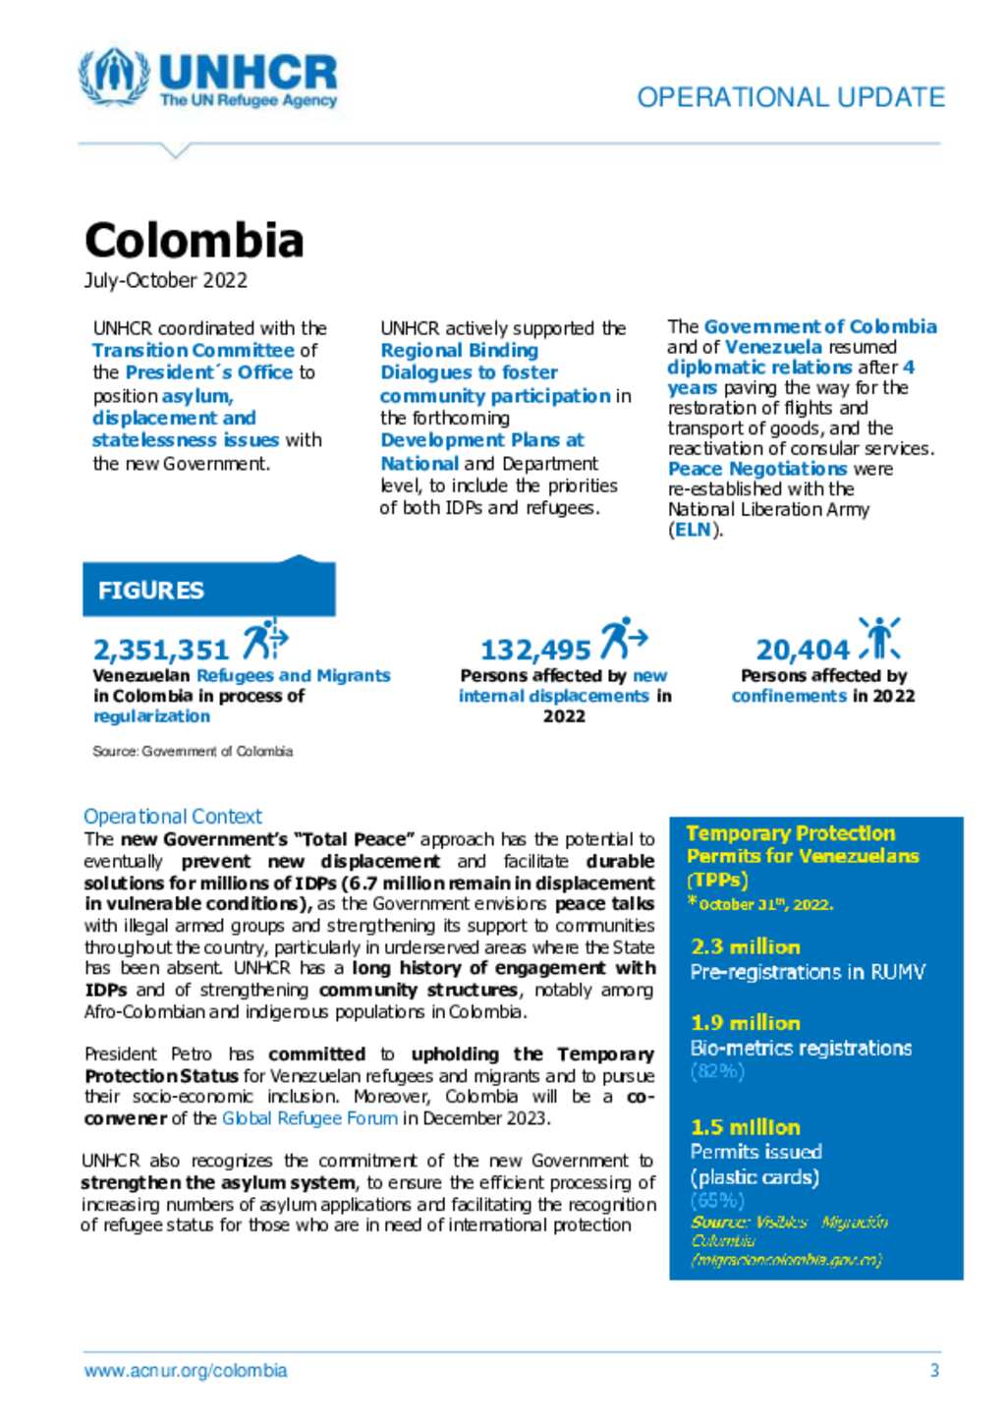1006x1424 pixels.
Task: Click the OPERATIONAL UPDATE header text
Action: (x=791, y=97)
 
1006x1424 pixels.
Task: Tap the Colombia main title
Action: (x=194, y=240)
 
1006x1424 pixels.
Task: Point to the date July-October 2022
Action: (x=165, y=280)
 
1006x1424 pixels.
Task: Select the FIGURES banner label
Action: (x=151, y=590)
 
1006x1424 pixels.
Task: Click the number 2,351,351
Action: (x=161, y=650)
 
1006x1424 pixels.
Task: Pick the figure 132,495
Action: (x=535, y=650)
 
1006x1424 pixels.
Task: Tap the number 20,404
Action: (x=803, y=650)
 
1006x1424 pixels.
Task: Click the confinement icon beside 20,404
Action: (x=879, y=638)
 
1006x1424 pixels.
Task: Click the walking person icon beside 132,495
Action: (x=624, y=638)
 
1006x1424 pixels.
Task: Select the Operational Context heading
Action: (x=173, y=816)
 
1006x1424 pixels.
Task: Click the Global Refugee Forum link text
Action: (x=309, y=1118)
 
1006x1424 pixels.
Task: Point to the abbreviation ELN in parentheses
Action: (x=694, y=530)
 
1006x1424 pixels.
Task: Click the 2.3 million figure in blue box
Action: (x=746, y=946)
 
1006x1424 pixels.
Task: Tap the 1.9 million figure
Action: (x=746, y=1023)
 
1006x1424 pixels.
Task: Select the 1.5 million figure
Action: (x=746, y=1127)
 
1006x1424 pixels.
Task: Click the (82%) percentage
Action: (x=718, y=1071)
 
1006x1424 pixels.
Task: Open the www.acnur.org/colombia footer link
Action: (x=186, y=1370)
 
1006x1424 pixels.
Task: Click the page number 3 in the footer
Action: (x=934, y=1370)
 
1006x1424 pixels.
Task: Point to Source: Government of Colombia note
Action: (x=193, y=751)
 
